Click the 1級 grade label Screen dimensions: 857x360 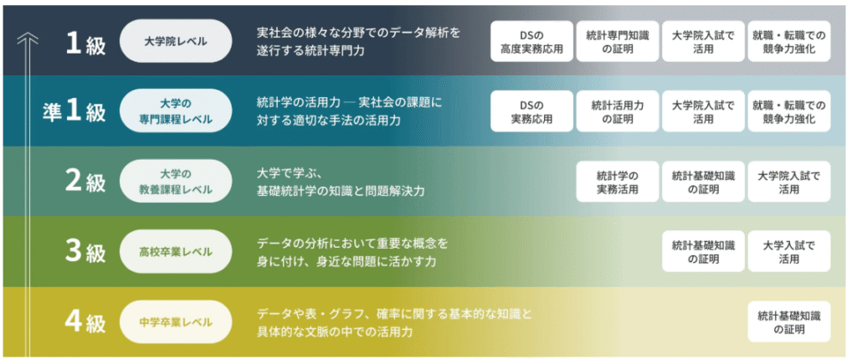click(85, 42)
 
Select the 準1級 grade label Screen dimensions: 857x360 click(74, 111)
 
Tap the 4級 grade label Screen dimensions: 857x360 click(85, 322)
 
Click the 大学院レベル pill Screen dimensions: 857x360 click(176, 41)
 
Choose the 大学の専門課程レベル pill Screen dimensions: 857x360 click(176, 111)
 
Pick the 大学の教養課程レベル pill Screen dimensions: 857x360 click(176, 182)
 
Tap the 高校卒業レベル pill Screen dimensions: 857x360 click(176, 252)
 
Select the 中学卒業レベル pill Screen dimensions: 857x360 click(176, 321)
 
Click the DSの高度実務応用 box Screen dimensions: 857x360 click(531, 42)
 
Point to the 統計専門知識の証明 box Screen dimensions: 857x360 click(618, 42)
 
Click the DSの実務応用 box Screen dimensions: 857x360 click(531, 111)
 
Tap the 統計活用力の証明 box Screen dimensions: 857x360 click(618, 111)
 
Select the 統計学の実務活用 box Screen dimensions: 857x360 click(618, 183)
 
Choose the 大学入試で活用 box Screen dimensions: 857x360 click(789, 252)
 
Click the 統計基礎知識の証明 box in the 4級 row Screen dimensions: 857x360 click(789, 322)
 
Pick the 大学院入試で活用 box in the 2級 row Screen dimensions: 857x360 click(789, 183)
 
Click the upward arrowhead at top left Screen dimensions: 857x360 click(28, 37)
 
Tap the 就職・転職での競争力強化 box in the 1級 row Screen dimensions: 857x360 click(789, 42)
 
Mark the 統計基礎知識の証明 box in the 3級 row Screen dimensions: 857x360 click(703, 252)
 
